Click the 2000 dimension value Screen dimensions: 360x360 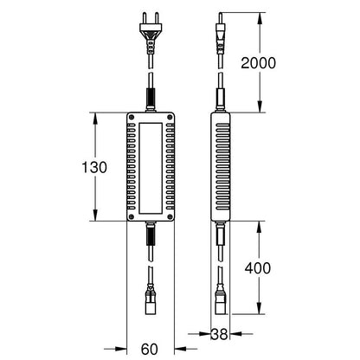point(258,63)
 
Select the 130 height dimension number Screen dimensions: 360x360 point(94,167)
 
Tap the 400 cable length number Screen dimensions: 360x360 point(258,268)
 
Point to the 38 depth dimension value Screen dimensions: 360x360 point(220,334)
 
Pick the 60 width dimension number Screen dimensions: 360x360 point(150,350)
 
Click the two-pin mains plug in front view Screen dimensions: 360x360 point(151,33)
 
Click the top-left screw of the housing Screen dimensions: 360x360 point(132,117)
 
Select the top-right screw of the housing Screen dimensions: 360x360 point(170,117)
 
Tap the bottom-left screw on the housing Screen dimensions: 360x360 point(132,216)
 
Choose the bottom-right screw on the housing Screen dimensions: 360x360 point(170,216)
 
